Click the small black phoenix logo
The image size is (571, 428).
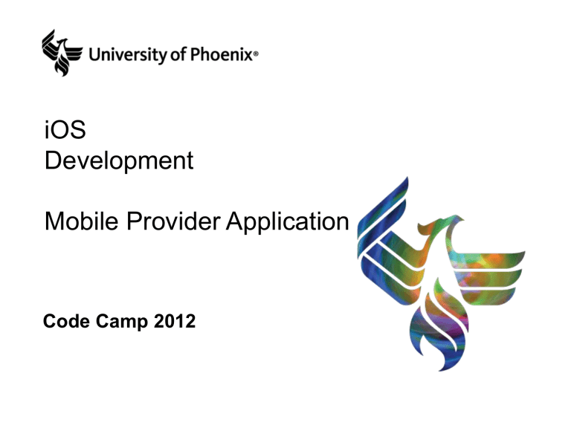click(61, 53)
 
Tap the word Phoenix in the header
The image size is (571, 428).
click(222, 53)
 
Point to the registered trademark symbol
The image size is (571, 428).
click(256, 53)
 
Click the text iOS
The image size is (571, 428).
click(65, 129)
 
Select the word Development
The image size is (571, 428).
click(119, 160)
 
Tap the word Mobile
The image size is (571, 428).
click(82, 221)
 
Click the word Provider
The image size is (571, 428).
click(173, 221)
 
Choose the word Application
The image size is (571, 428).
click(287, 222)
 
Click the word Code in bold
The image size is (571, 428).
click(65, 321)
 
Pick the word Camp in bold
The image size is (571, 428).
click(122, 322)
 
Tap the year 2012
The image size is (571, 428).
click(175, 321)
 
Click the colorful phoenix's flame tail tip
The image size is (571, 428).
click(442, 369)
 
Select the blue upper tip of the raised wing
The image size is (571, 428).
click(404, 182)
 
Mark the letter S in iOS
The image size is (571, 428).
click(78, 129)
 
